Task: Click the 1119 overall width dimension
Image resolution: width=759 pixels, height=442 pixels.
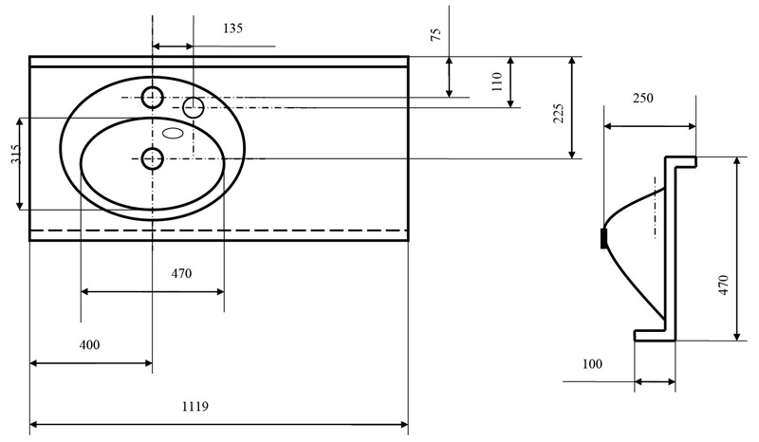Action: click(195, 406)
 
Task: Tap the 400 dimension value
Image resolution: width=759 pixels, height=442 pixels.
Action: click(89, 344)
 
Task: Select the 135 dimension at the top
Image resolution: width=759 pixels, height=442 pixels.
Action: click(232, 28)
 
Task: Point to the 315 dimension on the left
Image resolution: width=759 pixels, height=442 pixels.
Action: click(16, 155)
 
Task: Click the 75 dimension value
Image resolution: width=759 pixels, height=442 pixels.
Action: click(436, 34)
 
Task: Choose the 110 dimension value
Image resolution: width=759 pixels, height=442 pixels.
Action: click(497, 82)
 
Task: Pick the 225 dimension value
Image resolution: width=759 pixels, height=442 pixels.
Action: click(559, 113)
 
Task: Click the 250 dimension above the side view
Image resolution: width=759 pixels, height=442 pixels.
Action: click(643, 99)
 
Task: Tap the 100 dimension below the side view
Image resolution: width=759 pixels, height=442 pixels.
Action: click(592, 363)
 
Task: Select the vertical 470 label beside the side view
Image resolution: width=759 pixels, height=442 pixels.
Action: click(723, 285)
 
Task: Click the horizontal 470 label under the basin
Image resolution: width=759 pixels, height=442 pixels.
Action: click(181, 273)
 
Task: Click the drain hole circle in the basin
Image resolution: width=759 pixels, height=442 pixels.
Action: click(153, 157)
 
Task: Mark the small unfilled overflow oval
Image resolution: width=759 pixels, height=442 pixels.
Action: click(173, 133)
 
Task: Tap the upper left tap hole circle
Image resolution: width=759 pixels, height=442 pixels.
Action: click(153, 98)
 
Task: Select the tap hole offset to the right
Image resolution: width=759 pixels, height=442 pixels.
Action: click(194, 107)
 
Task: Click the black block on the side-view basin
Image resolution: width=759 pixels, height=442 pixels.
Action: click(603, 238)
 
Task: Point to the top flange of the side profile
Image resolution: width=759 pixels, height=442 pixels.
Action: click(680, 161)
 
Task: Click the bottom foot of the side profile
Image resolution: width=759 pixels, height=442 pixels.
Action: click(655, 335)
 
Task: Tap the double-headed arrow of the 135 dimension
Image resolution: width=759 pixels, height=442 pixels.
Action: click(173, 46)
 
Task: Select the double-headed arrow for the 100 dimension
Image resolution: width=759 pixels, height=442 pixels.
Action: click(655, 382)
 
